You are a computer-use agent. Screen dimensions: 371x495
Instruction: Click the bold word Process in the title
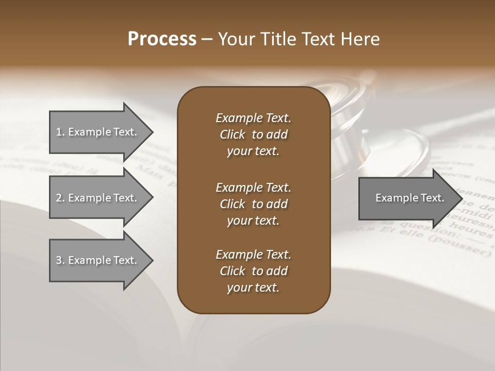click(162, 39)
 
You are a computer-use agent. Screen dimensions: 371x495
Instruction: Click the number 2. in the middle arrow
click(60, 198)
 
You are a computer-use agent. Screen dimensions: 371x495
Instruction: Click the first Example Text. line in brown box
click(253, 118)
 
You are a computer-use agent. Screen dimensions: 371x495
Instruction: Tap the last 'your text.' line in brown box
click(253, 288)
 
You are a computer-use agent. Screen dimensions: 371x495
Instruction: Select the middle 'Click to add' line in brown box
click(253, 204)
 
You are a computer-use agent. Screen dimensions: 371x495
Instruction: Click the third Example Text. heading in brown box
click(253, 255)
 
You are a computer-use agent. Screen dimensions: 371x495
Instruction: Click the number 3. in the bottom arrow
click(60, 260)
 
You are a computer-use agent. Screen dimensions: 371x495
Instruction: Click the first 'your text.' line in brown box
click(253, 151)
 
